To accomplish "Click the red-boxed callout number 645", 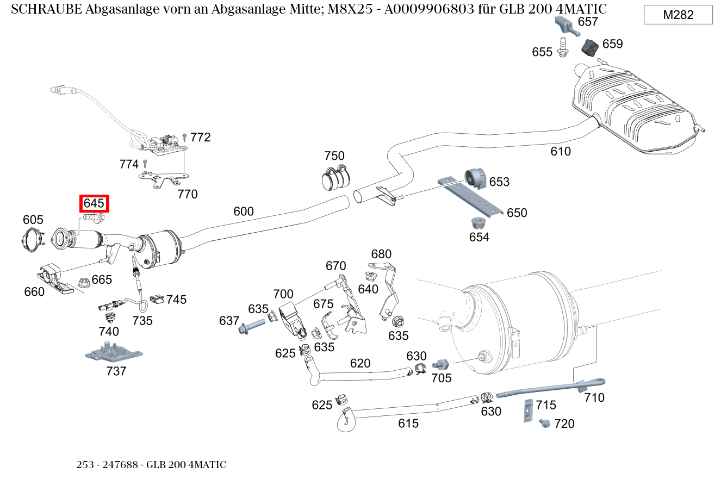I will pos(94,204).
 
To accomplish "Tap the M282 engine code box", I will pos(678,15).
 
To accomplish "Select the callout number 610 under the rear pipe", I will pos(561,151).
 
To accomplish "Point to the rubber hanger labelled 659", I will pos(589,47).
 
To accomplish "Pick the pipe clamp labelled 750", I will pos(335,177).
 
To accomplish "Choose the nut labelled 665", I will pos(84,282).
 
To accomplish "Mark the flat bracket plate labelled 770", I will pos(163,179).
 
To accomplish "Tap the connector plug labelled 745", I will pos(157,298).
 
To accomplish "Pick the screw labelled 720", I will pos(544,422).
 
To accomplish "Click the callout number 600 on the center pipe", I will pos(244,211).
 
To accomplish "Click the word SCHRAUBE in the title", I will pos(46,9).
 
